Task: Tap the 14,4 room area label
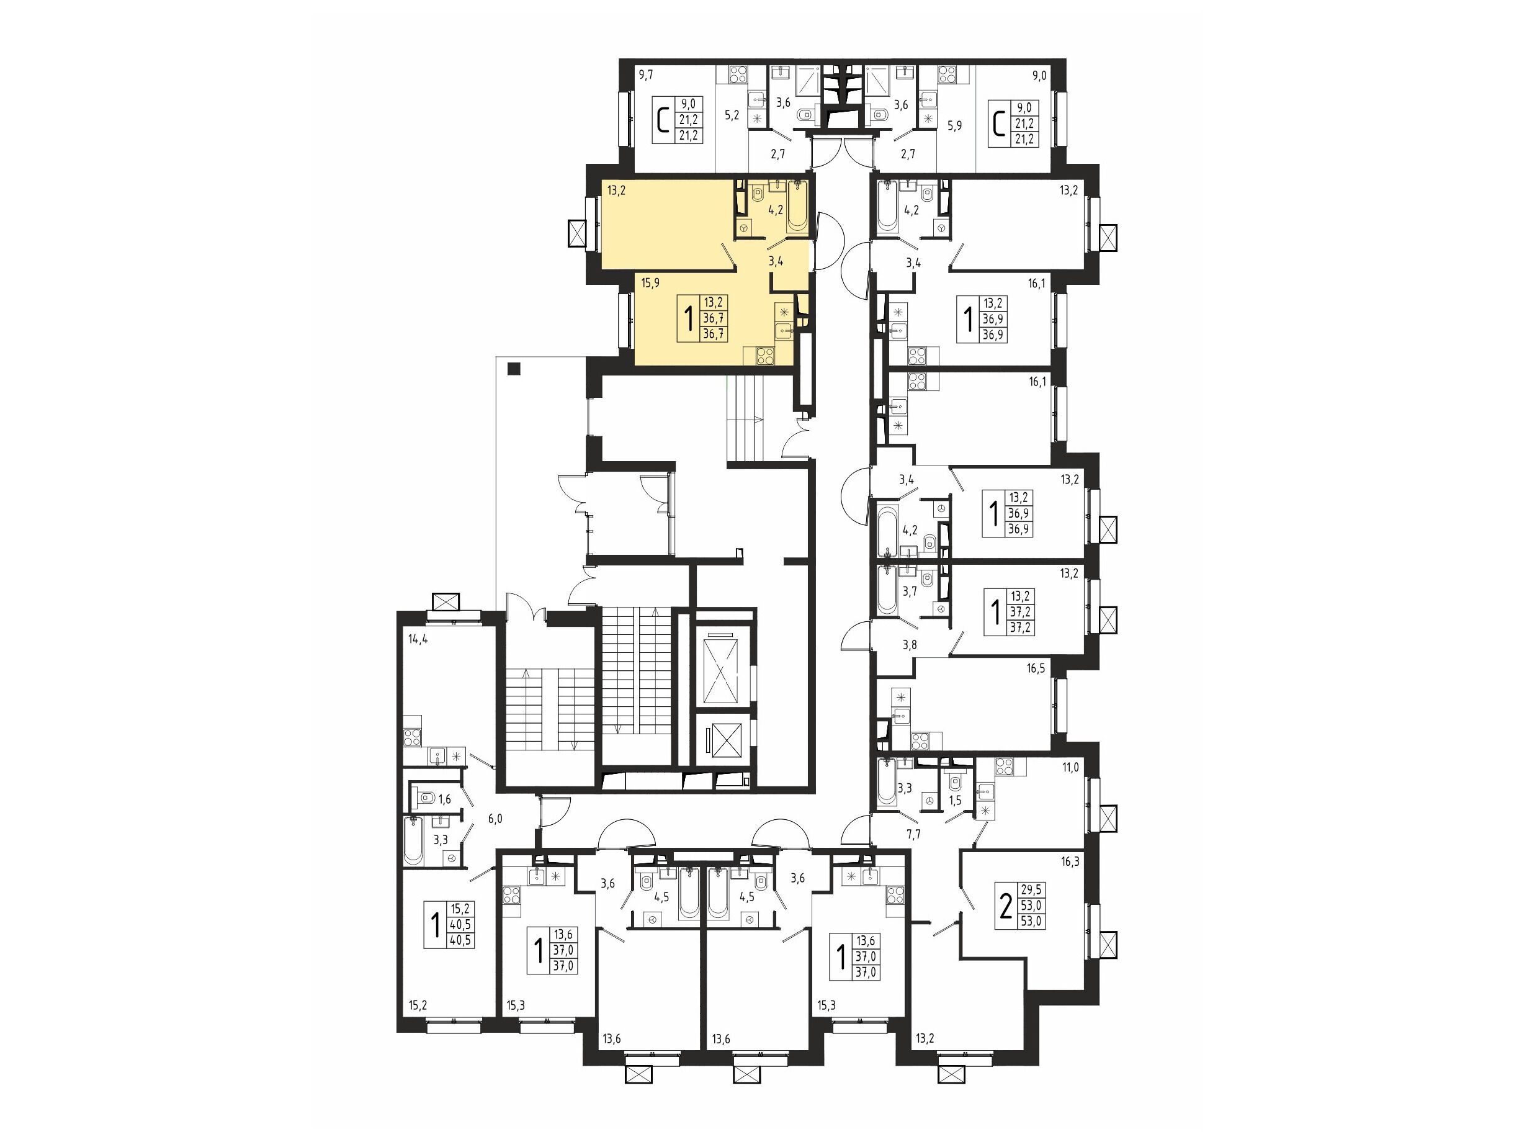click(x=418, y=639)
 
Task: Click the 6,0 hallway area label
click(x=495, y=818)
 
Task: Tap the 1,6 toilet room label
click(x=445, y=799)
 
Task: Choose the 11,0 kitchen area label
click(x=1070, y=768)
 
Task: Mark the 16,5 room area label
click(x=1036, y=669)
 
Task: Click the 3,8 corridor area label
click(x=909, y=644)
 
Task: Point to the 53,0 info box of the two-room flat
click(x=1030, y=906)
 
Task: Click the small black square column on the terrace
click(x=514, y=369)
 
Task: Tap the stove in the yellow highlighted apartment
click(x=764, y=356)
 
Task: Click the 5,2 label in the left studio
click(x=732, y=115)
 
